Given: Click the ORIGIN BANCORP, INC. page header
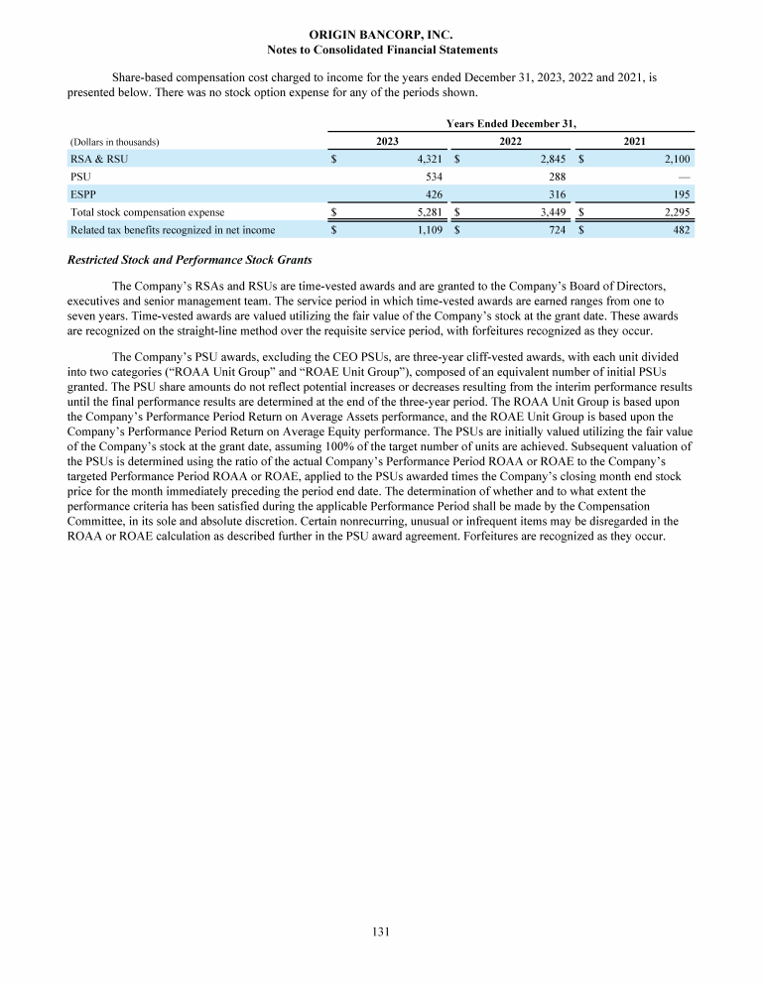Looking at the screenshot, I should tap(382, 34).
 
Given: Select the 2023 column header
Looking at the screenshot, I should tap(388, 142).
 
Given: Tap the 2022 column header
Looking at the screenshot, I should tap(511, 142).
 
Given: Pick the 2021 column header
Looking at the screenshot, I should tap(634, 142).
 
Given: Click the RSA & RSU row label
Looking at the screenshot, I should tap(98, 158).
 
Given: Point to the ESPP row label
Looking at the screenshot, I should tap(82, 193).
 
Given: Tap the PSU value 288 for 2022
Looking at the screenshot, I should tap(557, 176).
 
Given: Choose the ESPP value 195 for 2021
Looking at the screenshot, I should tap(681, 193).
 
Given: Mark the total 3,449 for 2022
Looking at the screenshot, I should tap(550, 211).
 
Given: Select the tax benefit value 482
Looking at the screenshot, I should tap(681, 230).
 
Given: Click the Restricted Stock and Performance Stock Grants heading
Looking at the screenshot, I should tap(190, 261).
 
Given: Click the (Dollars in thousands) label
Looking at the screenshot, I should tap(114, 142).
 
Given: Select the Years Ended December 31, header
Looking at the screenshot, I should tap(511, 123).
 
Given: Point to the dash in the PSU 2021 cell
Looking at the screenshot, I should tap(684, 176).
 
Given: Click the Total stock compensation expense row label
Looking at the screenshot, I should tap(147, 211).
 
